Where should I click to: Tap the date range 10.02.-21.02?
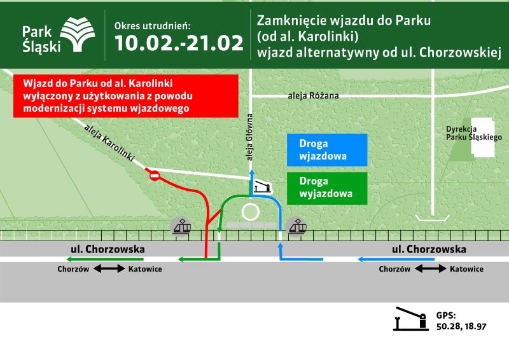click(x=179, y=43)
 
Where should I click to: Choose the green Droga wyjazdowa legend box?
click(x=326, y=187)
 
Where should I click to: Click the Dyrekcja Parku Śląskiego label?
click(x=474, y=133)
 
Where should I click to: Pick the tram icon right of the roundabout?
click(x=296, y=225)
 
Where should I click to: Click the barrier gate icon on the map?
click(x=261, y=186)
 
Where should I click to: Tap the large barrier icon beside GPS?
click(x=410, y=319)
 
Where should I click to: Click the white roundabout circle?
click(x=251, y=211)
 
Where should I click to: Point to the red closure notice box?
click(x=125, y=96)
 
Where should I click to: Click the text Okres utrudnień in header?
click(x=152, y=25)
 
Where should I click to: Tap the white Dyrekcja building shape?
click(x=481, y=137)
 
